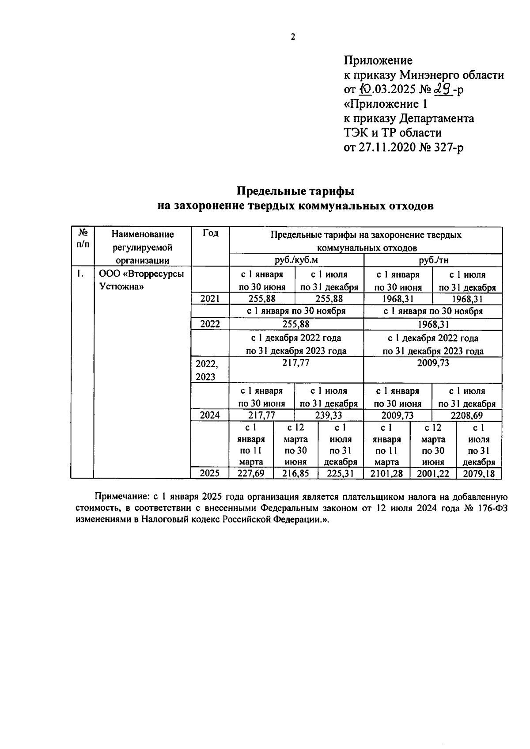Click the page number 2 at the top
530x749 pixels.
click(x=293, y=37)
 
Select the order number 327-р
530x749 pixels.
click(x=447, y=147)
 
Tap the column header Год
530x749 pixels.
click(x=210, y=233)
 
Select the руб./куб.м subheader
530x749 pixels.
click(x=296, y=260)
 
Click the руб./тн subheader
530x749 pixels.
click(x=433, y=260)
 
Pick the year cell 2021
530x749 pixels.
click(x=210, y=299)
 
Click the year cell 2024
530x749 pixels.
click(x=210, y=415)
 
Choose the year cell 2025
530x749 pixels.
click(x=210, y=474)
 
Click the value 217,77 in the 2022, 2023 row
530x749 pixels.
click(x=296, y=363)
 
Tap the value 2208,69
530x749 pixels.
click(x=467, y=416)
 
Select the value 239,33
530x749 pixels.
click(x=329, y=416)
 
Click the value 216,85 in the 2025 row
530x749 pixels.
click(x=295, y=474)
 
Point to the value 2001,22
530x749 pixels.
click(x=433, y=474)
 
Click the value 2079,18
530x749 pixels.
click(x=479, y=474)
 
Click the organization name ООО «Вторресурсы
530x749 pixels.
click(x=141, y=274)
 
